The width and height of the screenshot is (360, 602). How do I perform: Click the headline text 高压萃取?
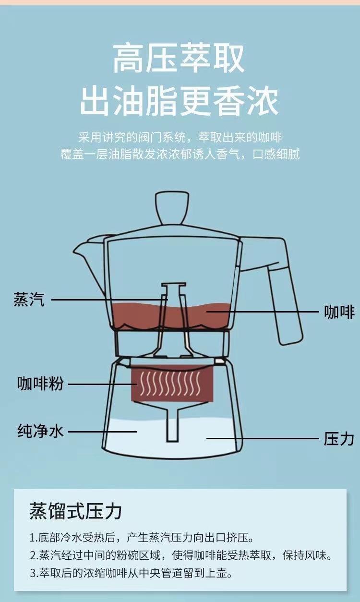point(179,58)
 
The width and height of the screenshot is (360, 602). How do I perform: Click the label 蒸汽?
point(29,300)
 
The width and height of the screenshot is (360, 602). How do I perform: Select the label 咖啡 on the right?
point(339,312)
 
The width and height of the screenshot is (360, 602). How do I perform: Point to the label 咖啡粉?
point(41,384)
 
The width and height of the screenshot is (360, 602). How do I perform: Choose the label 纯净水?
point(40,431)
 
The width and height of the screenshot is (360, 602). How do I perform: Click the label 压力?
point(339,438)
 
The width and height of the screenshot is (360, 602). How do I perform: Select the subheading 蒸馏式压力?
point(76,511)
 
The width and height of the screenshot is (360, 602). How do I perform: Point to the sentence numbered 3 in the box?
point(131,572)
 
